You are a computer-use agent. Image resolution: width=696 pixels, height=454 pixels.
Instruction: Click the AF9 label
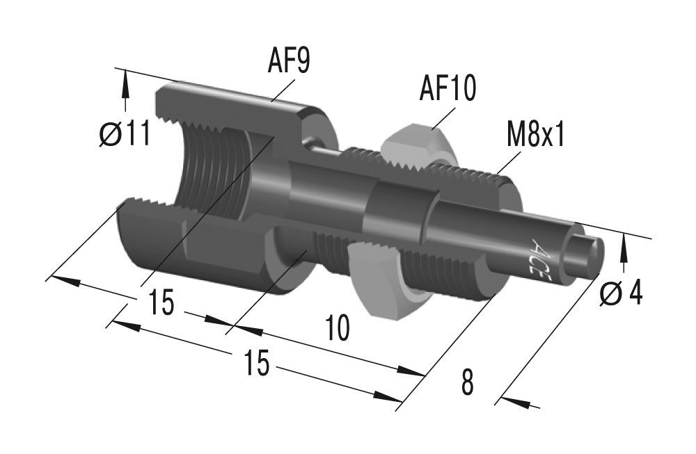point(288,60)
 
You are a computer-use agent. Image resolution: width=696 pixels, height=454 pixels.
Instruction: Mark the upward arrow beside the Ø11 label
point(126,87)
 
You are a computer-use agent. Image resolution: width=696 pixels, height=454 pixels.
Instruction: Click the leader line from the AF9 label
point(286,90)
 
